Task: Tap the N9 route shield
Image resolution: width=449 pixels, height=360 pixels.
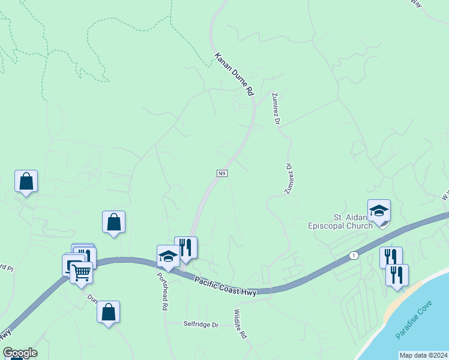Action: pos(221,173)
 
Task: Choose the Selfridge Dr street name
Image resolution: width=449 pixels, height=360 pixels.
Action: pos(201,324)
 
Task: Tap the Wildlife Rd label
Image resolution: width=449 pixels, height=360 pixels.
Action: pos(240,325)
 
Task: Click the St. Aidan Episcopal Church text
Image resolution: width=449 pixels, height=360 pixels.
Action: pos(341,221)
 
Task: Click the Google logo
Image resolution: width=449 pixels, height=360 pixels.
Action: pos(20,353)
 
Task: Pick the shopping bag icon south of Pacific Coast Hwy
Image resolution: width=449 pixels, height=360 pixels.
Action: pos(108,312)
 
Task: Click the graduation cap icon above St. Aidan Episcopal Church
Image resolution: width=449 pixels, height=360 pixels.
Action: pos(379,211)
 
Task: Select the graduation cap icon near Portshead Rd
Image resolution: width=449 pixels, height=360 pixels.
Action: pos(168,256)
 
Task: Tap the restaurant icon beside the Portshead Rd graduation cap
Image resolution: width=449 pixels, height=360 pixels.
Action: pos(186,247)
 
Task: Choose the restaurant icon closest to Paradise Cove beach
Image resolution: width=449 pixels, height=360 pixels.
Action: pos(397,275)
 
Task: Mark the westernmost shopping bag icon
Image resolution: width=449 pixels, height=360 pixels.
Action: pos(26,181)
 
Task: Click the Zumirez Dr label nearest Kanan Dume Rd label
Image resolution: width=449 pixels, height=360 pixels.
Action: pos(276,109)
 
